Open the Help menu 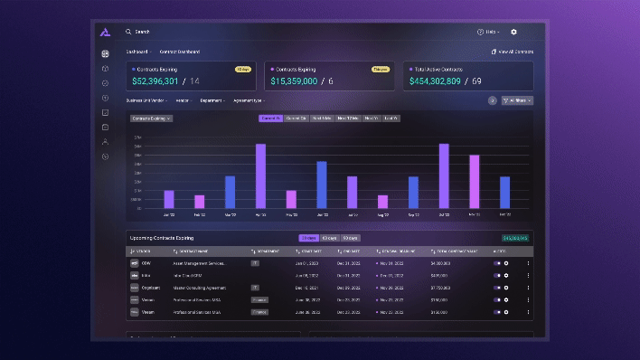489,32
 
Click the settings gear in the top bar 513,32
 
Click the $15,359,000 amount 293,81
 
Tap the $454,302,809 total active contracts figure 435,81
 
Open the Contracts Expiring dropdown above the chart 151,118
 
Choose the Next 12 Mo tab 348,118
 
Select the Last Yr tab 391,118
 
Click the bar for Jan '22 168,199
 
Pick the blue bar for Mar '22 230,192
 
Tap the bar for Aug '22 382,201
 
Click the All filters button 517,100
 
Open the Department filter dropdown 212,100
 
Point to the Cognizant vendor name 149,287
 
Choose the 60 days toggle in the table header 330,238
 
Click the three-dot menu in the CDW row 528,263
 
